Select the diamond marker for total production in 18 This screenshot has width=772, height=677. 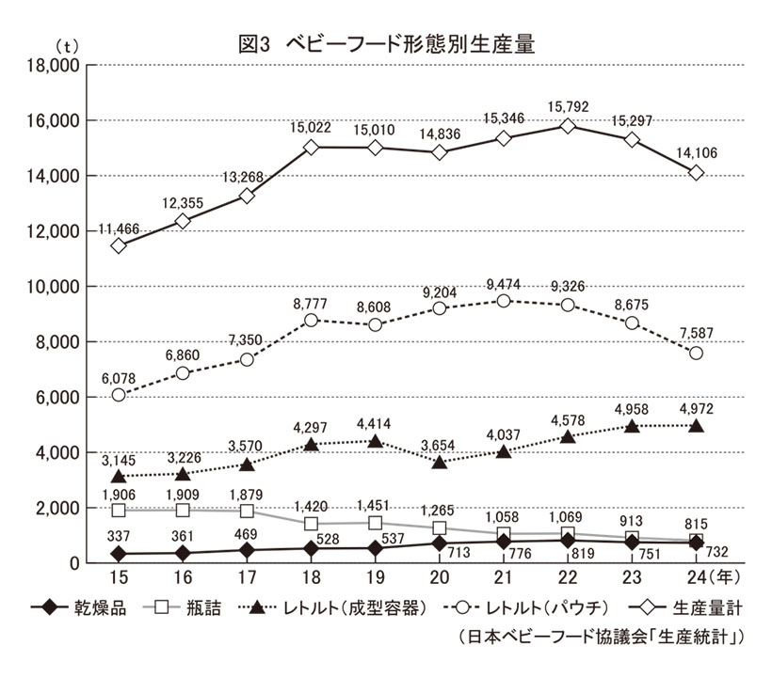coord(311,148)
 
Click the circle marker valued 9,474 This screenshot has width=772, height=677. coord(504,301)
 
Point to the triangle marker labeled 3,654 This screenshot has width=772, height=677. coord(440,462)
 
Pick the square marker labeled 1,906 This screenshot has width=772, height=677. coord(119,510)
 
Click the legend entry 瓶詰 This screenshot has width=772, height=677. coord(191,609)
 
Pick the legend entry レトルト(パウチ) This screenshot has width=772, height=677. coord(533,609)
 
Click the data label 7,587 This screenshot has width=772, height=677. coord(695,328)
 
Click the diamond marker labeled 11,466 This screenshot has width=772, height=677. coord(119,245)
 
